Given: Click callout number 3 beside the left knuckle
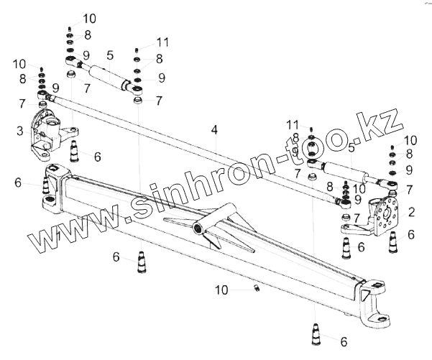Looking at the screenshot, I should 21,131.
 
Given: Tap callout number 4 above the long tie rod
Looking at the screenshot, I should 213,130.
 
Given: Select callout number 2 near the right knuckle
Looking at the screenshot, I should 410,212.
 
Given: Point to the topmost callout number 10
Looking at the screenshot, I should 88,18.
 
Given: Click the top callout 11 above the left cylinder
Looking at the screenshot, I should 162,42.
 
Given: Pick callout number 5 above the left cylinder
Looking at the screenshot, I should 110,55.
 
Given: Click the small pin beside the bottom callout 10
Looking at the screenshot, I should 254,289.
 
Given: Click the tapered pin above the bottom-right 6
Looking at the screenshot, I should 316,334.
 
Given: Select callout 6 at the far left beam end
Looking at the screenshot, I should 19,183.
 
